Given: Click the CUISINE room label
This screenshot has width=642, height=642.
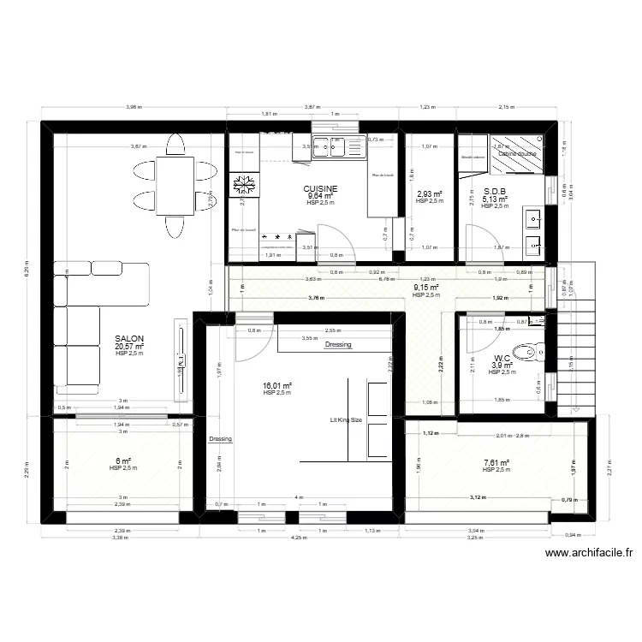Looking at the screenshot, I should coord(320,188).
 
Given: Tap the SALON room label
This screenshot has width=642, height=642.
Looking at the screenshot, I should coord(129,339).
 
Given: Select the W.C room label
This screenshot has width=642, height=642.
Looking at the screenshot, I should coord(502,359).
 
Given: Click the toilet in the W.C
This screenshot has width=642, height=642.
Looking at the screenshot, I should coord(533,351).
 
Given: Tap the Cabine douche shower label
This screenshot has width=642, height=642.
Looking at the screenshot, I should coord(517,153).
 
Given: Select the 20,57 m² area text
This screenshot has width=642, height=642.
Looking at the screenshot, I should coord(129,347).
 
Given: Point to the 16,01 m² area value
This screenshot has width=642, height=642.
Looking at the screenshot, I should coord(278,386).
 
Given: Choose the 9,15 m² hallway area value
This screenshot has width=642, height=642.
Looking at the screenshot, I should coord(425,288).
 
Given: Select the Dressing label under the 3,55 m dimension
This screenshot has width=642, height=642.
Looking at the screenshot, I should coord(339,345).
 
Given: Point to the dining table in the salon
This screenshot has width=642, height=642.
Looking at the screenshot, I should coord(175,183).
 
